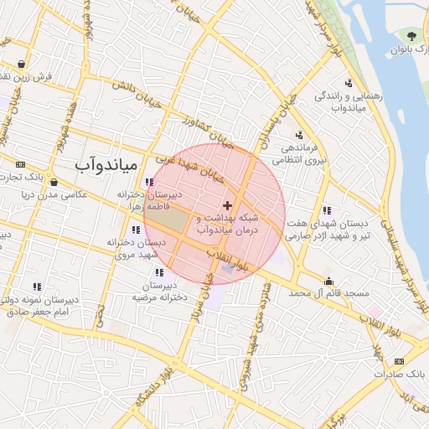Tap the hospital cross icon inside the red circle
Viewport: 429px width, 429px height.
coord(227,205)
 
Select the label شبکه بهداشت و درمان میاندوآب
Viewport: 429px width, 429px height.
coord(229,223)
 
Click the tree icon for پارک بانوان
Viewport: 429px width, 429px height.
coord(411,35)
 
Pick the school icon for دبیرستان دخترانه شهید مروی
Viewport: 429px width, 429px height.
coord(136,230)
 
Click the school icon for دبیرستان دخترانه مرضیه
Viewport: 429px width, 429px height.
coord(158,271)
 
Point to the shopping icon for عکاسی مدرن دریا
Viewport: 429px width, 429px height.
coord(54,183)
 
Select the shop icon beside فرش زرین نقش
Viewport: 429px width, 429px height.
coord(21,65)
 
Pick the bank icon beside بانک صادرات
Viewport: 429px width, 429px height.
coord(398,361)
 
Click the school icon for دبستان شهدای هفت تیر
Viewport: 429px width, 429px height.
coord(325,210)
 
